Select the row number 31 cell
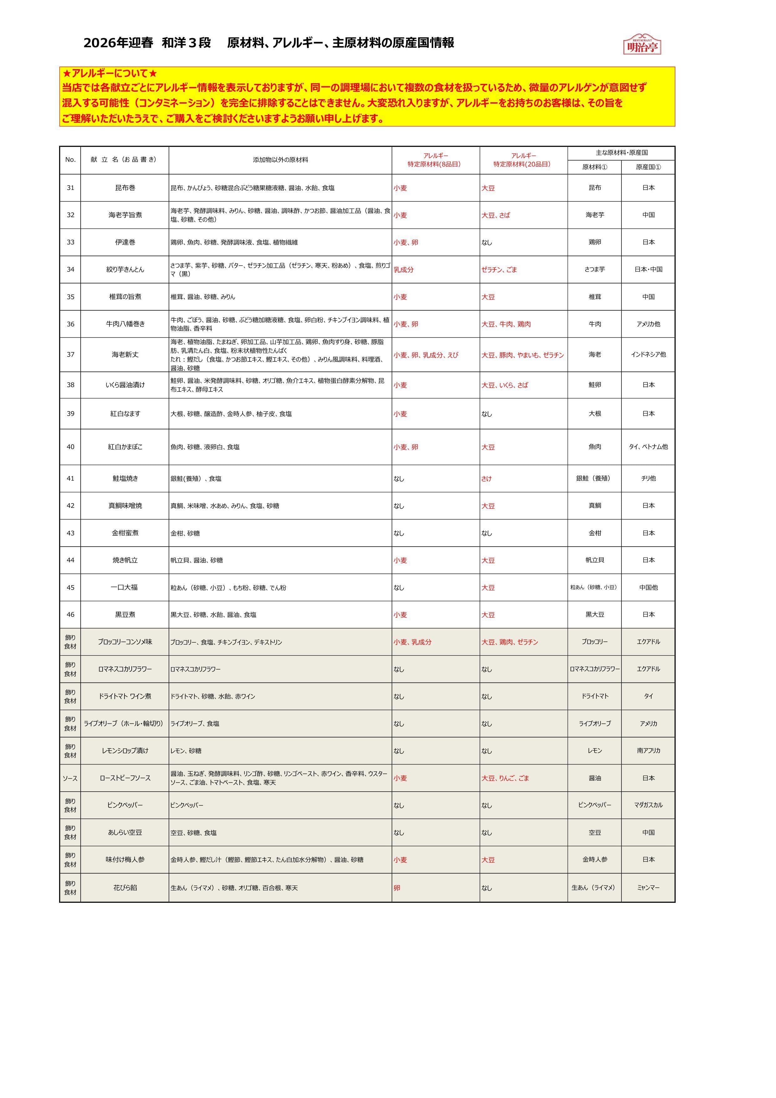70,188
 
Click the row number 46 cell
70,615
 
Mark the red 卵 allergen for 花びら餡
397,888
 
